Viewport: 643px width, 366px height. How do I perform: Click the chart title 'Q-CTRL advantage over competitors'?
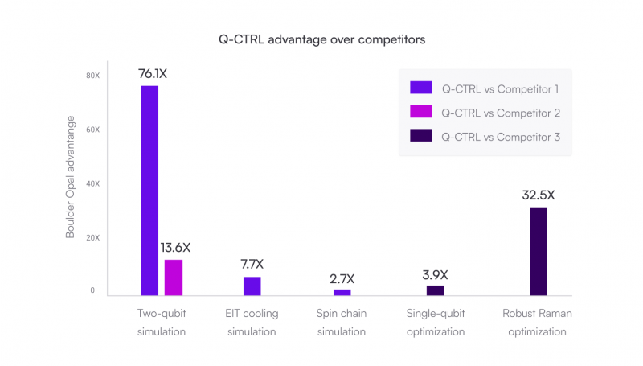click(x=321, y=39)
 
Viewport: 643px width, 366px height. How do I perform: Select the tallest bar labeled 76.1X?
click(x=149, y=191)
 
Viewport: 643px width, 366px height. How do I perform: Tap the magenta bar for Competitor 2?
click(x=174, y=278)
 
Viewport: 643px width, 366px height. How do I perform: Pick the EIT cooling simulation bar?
click(x=252, y=286)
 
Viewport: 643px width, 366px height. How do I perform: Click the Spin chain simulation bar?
click(x=342, y=292)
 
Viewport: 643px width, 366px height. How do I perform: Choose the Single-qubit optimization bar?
click(x=435, y=290)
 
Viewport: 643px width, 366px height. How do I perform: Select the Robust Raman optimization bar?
click(x=538, y=252)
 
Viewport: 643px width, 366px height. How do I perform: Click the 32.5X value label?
click(x=538, y=195)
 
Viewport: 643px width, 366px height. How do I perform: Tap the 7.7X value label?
click(x=252, y=264)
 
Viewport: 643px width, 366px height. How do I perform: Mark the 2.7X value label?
click(x=342, y=278)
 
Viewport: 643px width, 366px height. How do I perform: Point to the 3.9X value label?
click(x=435, y=274)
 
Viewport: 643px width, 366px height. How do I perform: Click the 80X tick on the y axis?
click(x=93, y=76)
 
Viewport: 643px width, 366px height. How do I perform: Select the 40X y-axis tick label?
click(x=93, y=183)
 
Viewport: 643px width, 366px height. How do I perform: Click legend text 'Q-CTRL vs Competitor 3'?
click(x=500, y=137)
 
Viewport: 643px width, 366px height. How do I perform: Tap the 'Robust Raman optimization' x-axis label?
click(x=537, y=322)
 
